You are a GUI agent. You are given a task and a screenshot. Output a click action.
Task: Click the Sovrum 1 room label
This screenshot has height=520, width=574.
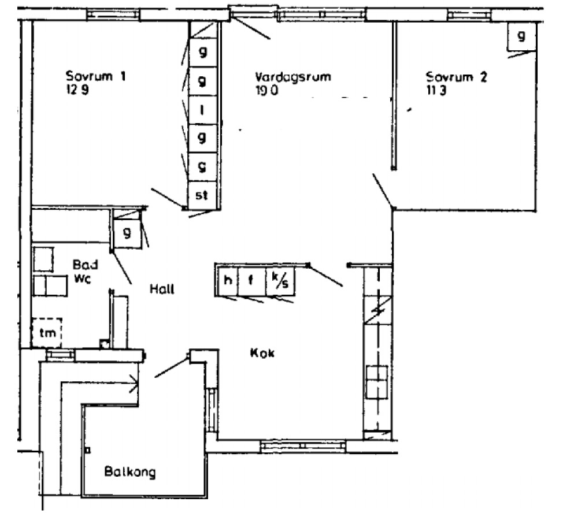(95, 77)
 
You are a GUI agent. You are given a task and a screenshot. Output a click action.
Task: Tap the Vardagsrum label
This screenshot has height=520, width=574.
(293, 77)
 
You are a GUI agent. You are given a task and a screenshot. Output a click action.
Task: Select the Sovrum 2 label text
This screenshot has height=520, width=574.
(457, 77)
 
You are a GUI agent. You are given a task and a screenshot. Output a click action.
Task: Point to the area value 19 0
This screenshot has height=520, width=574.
(266, 90)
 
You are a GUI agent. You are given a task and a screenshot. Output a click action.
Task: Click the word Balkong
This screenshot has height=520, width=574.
(130, 472)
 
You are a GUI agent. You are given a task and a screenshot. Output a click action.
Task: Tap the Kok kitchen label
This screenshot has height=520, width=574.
(262, 353)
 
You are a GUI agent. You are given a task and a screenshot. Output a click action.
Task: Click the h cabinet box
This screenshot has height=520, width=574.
(228, 281)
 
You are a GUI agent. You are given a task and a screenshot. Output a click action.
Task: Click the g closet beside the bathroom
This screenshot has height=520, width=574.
(126, 234)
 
